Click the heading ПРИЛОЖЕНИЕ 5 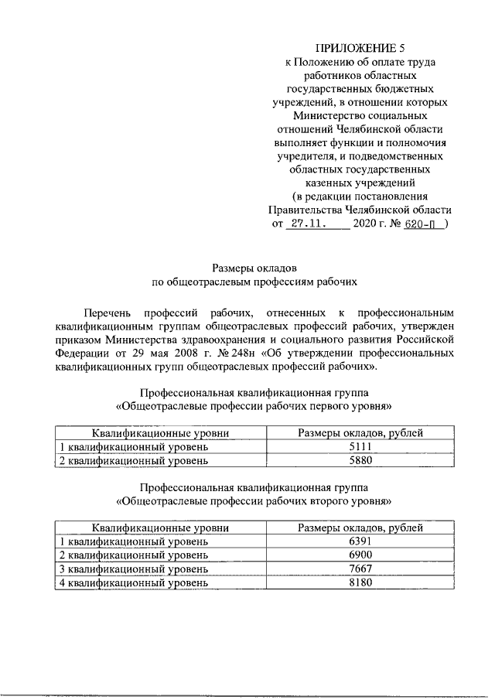360,49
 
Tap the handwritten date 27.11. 307,224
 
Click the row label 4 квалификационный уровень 133,582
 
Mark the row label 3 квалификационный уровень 133,568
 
